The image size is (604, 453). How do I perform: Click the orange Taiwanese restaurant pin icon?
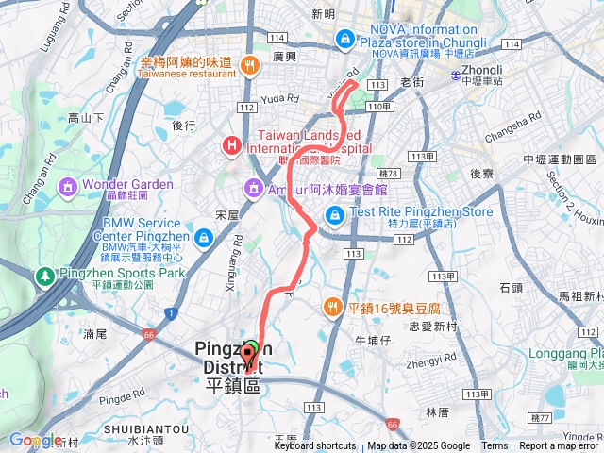tap(249, 65)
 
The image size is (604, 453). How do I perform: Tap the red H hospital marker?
tap(229, 145)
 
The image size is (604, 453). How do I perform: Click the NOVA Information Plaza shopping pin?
tap(346, 38)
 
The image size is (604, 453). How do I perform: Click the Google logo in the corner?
tap(34, 440)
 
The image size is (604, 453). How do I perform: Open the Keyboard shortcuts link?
tap(315, 446)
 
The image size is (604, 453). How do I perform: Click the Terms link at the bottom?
tap(495, 446)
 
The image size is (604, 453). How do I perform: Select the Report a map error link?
tap(559, 446)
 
